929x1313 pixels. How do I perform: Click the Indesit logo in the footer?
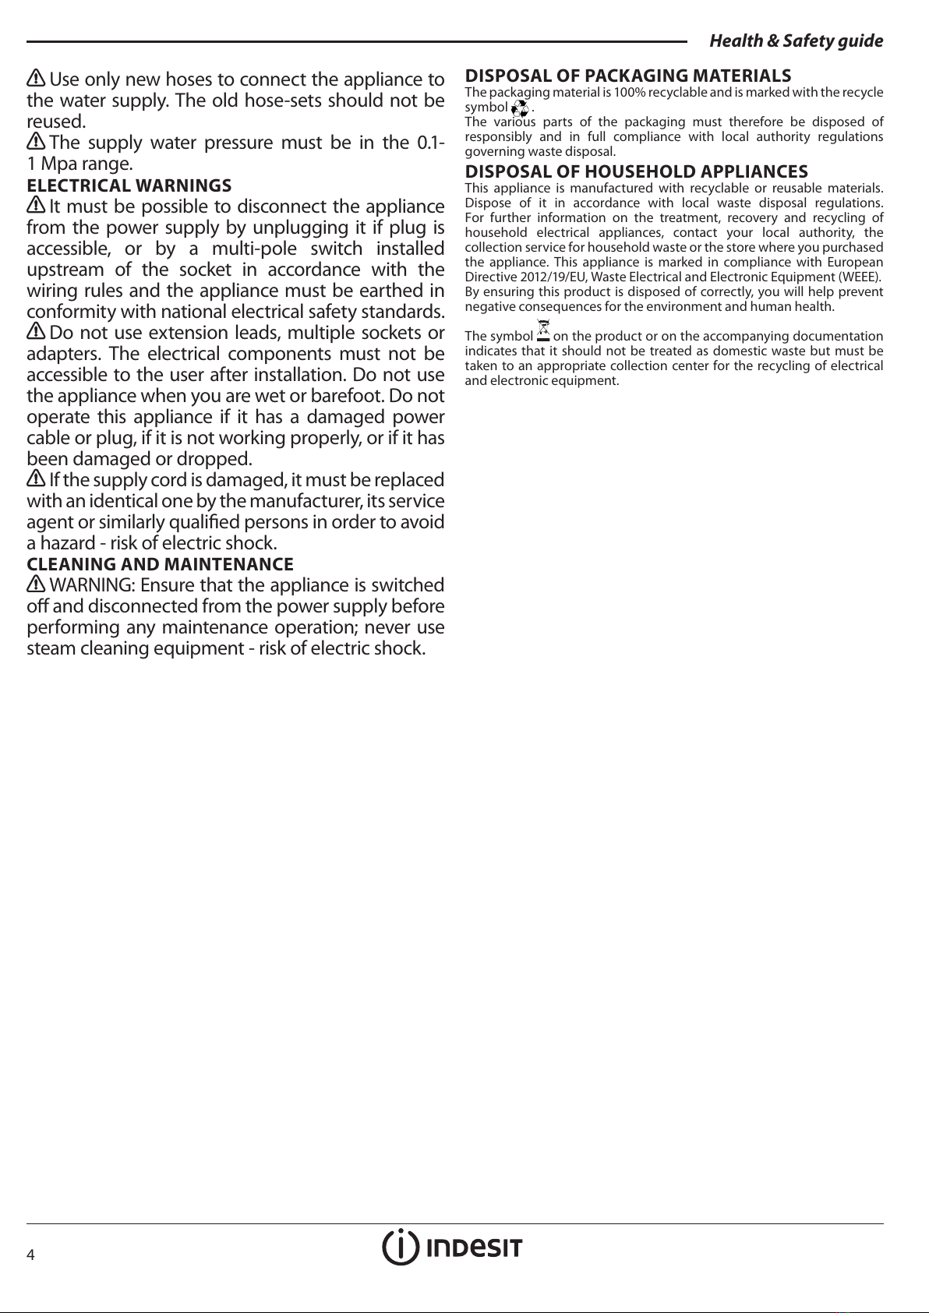[x=452, y=1248]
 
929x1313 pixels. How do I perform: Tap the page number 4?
[x=30, y=1255]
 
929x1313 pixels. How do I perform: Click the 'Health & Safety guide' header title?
[x=796, y=41]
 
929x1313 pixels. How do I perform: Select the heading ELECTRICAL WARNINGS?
[x=129, y=185]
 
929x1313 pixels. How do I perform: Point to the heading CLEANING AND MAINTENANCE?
[x=160, y=564]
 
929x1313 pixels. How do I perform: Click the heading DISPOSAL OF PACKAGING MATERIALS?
[x=627, y=76]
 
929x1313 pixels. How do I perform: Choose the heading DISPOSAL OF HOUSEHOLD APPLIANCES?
[x=636, y=171]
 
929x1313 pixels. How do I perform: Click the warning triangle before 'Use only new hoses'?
[x=37, y=79]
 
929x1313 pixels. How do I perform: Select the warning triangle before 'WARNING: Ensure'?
[x=37, y=585]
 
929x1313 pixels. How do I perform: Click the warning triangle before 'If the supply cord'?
[x=37, y=479]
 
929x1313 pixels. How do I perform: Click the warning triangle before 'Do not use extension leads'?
[x=37, y=333]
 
